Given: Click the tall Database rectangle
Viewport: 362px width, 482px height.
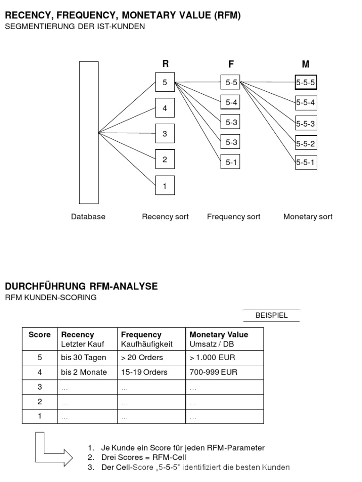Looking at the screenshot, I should pyautogui.click(x=89, y=133).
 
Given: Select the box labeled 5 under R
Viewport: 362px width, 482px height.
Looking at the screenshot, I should pyautogui.click(x=165, y=82).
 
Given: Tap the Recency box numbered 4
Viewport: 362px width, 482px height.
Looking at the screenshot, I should pyautogui.click(x=165, y=108).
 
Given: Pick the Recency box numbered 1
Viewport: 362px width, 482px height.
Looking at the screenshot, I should pyautogui.click(x=165, y=185).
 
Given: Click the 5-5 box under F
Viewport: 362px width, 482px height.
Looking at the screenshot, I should pyautogui.click(x=231, y=82).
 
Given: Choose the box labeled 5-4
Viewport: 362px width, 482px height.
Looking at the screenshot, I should pyautogui.click(x=231, y=102).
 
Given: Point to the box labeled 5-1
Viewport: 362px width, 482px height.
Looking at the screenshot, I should pyautogui.click(x=231, y=162).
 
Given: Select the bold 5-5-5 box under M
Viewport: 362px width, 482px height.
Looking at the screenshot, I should pyautogui.click(x=306, y=82).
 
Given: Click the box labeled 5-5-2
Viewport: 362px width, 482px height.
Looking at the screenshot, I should pyautogui.click(x=306, y=144).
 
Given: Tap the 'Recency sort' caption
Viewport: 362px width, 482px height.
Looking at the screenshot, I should pyautogui.click(x=165, y=217).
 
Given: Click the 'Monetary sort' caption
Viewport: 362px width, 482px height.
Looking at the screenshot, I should pyautogui.click(x=308, y=217).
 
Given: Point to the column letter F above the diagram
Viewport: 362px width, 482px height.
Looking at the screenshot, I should pyautogui.click(x=231, y=64).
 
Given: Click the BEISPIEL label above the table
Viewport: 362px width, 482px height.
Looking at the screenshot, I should pyautogui.click(x=271, y=315).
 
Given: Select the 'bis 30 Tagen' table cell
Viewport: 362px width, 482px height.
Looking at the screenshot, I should pyautogui.click(x=84, y=358).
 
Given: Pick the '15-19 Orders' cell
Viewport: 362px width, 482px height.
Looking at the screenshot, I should pyautogui.click(x=144, y=372).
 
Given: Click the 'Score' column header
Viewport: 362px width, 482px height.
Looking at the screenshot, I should pyautogui.click(x=40, y=335).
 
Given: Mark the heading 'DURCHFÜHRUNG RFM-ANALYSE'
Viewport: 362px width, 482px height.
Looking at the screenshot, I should pyautogui.click(x=81, y=286).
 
